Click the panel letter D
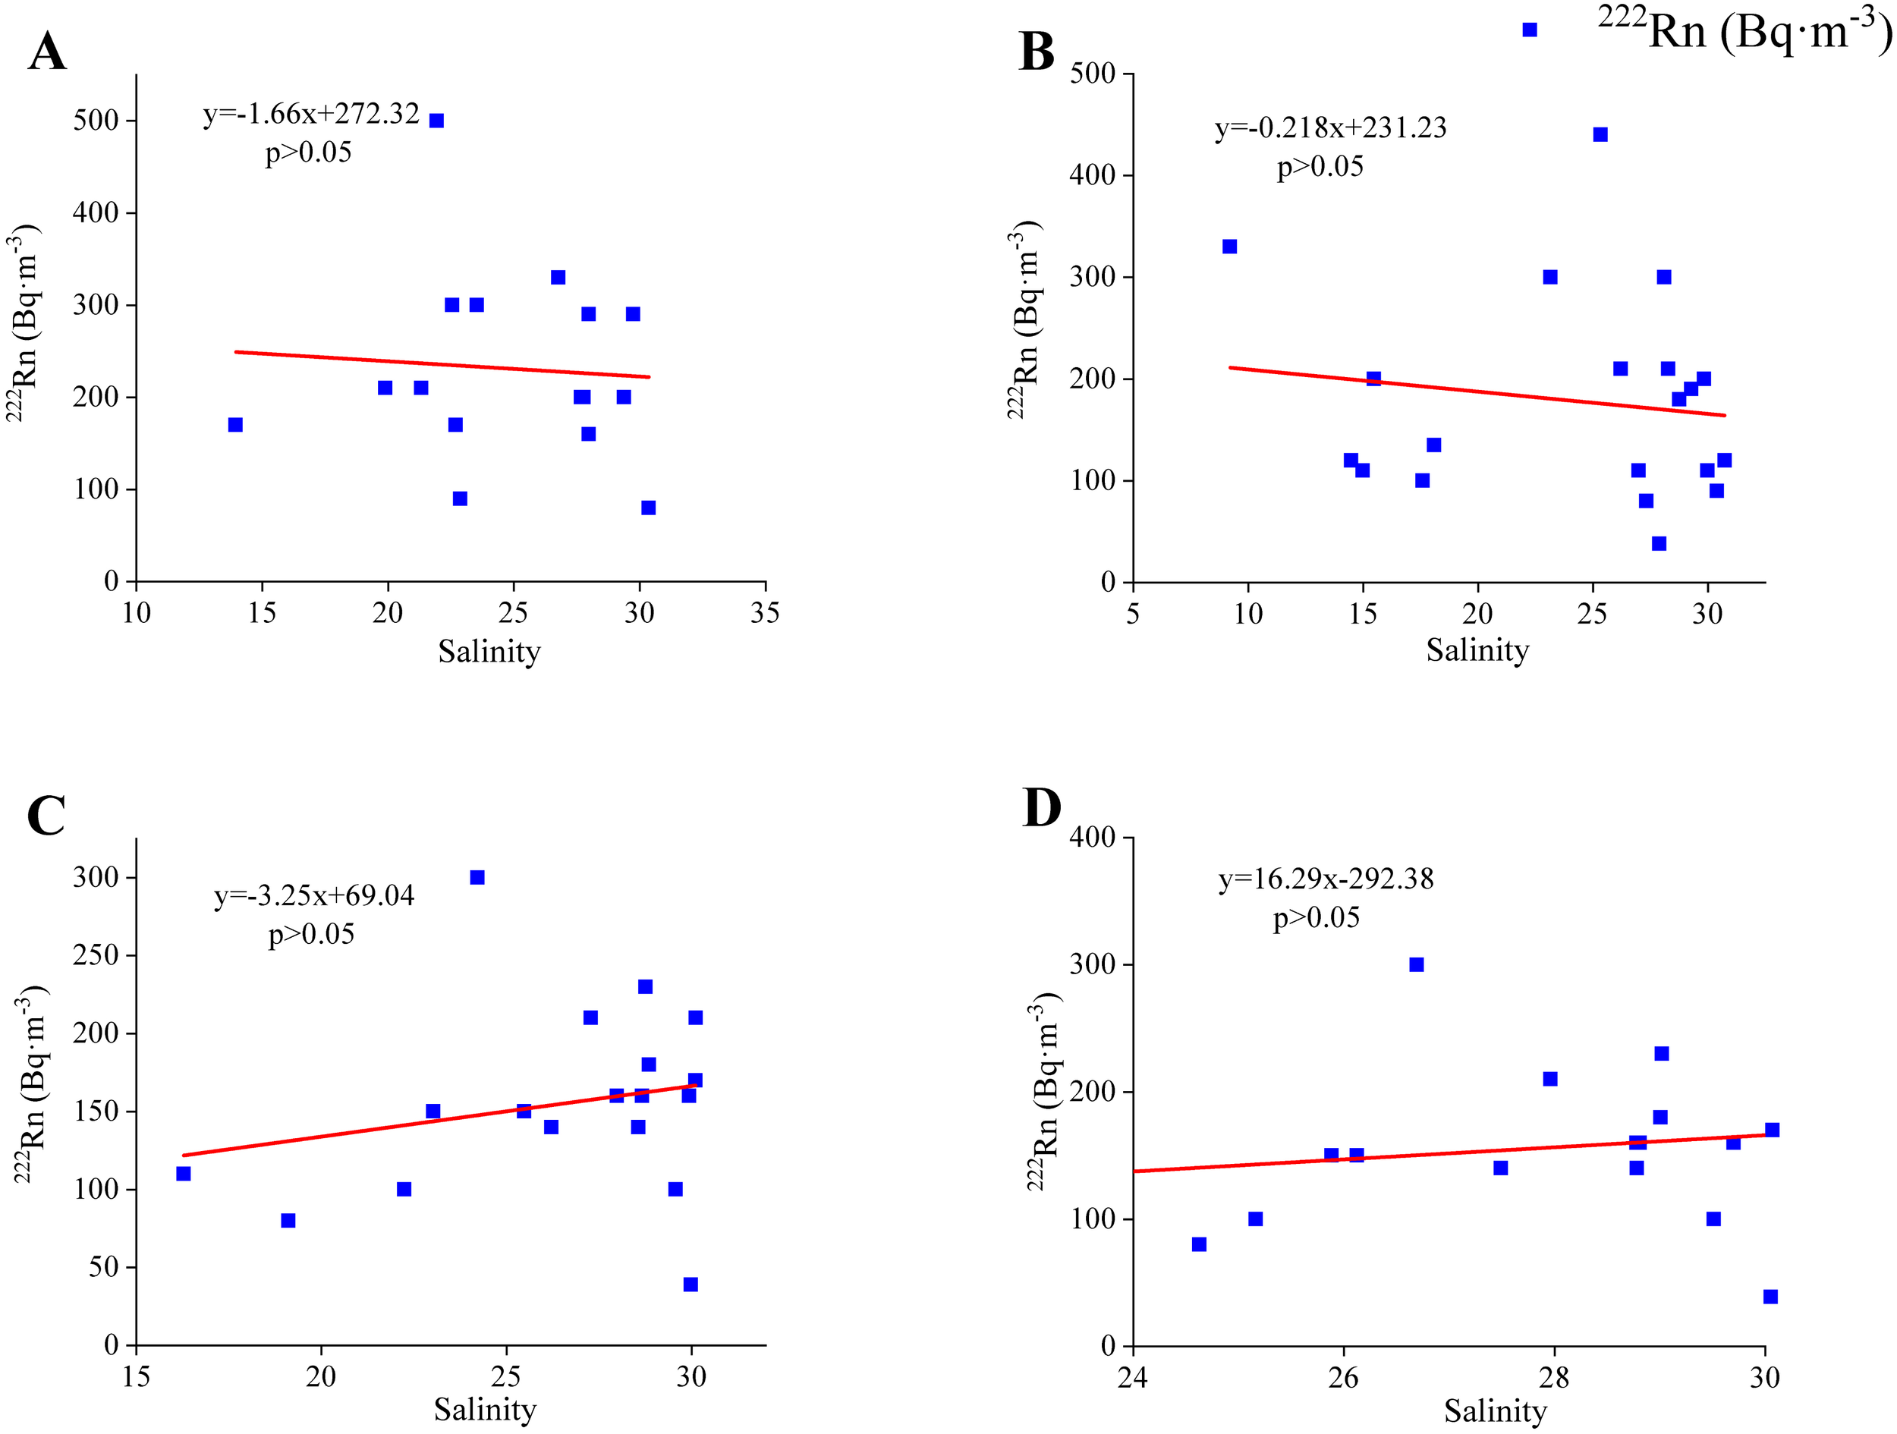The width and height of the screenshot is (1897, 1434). pos(1042,808)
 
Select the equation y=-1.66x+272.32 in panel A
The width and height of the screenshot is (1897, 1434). pos(311,113)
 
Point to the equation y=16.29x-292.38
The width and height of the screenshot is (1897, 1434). pos(1326,879)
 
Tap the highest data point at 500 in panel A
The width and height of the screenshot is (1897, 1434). pos(436,121)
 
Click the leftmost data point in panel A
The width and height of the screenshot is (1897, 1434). pos(236,425)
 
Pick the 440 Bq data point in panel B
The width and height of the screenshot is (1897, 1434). pos(1600,134)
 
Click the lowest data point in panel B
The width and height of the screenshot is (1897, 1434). pos(1659,544)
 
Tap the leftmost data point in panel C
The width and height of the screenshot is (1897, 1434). pos(184,1173)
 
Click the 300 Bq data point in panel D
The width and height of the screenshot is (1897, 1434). pos(1417,965)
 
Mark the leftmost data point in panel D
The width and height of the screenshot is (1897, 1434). pos(1199,1244)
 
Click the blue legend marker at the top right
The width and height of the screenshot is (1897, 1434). pos(1530,30)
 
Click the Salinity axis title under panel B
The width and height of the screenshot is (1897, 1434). pos(1477,650)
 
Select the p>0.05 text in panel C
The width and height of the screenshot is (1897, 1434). pos(311,934)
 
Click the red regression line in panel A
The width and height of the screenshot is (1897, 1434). pos(442,364)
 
